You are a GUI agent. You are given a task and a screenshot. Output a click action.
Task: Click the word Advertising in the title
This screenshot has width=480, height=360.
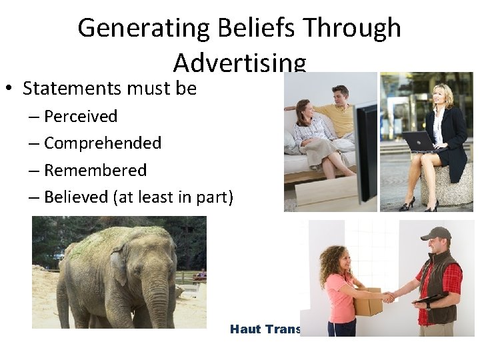pos(240,63)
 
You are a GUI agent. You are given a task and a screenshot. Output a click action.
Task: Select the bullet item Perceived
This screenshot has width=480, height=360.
pos(81,116)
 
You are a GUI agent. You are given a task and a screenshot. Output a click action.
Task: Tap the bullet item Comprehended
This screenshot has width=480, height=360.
pos(103,143)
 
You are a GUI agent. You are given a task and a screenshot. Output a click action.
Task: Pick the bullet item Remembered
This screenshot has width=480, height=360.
pos(95,170)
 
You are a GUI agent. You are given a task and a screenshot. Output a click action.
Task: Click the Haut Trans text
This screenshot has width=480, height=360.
pos(265,329)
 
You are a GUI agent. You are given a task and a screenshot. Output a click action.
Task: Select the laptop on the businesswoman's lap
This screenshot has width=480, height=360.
pos(418,141)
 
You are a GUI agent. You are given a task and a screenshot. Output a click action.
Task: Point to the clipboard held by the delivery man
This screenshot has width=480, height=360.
pos(430,301)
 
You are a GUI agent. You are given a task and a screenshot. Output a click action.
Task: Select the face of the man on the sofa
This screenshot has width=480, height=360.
pos(341,95)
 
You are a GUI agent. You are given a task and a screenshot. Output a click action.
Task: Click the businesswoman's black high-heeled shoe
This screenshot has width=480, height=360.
pos(407,202)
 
